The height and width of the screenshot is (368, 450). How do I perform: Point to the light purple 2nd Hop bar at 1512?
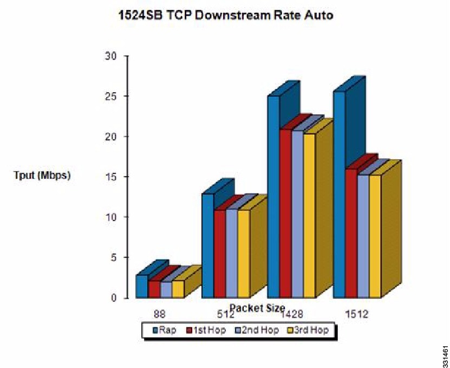coord(363,236)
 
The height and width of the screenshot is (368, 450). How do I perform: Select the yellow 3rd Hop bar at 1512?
coord(375,236)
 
